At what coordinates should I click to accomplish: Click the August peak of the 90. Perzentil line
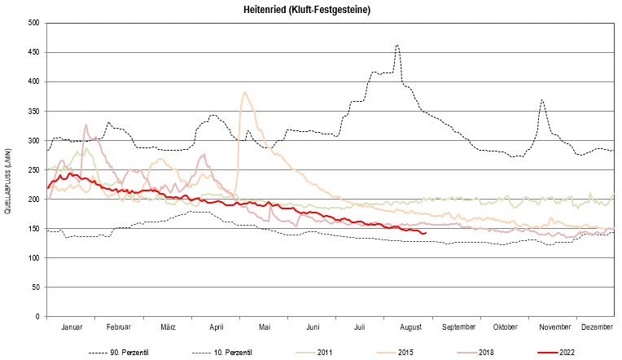click(x=396, y=46)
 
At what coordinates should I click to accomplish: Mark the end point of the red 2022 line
click(x=426, y=232)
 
